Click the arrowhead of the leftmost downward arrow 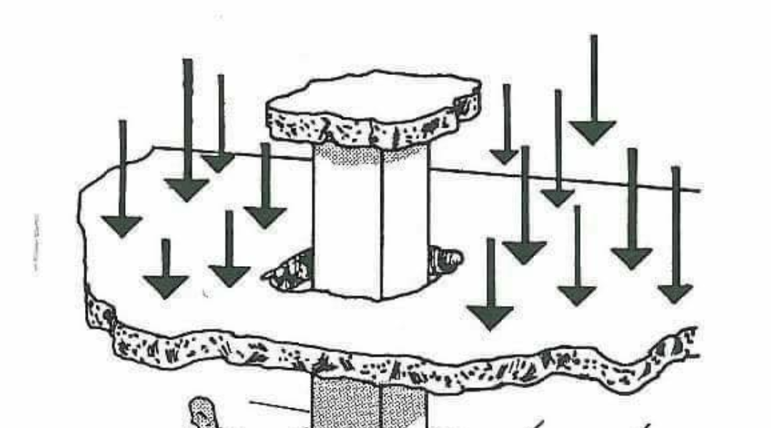pyautogui.click(x=122, y=226)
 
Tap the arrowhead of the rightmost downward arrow pyautogui.click(x=675, y=292)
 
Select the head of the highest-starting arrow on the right pyautogui.click(x=592, y=132)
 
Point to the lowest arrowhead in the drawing pyautogui.click(x=490, y=317)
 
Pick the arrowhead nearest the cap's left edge pyautogui.click(x=264, y=217)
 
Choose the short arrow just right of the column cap pyautogui.click(x=505, y=156)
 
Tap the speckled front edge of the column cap pyautogui.click(x=371, y=128)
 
